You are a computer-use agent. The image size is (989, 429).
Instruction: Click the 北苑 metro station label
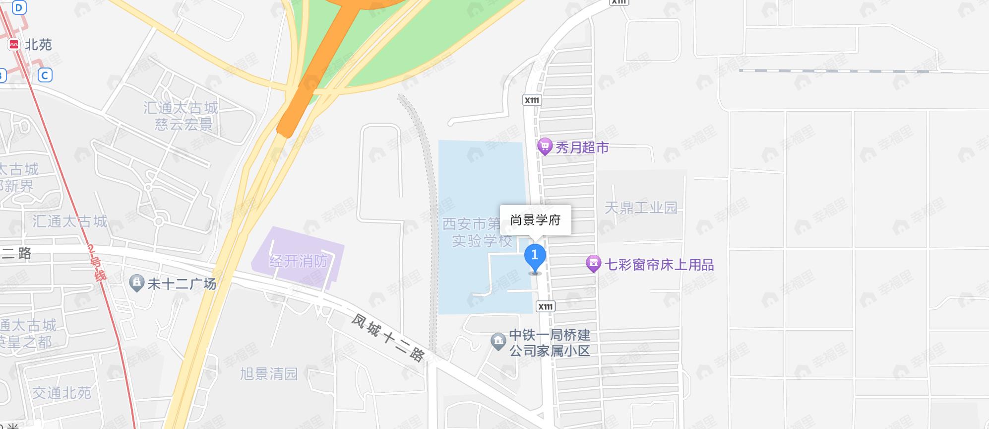click(x=38, y=45)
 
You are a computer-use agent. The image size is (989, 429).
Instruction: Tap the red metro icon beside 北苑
click(x=14, y=45)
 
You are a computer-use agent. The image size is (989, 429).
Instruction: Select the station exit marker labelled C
click(x=45, y=75)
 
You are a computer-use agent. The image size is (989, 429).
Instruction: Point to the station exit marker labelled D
click(x=19, y=7)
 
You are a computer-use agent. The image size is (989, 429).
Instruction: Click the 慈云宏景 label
click(x=184, y=124)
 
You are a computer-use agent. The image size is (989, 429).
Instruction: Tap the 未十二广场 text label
click(x=182, y=284)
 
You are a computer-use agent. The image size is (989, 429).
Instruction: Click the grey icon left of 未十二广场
click(x=136, y=284)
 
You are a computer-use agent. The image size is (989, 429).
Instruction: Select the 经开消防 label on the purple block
click(x=299, y=261)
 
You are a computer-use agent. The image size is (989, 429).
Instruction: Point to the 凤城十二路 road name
click(x=388, y=338)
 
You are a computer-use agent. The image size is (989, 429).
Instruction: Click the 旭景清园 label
click(x=269, y=373)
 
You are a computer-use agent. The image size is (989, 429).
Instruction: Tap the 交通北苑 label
click(x=62, y=393)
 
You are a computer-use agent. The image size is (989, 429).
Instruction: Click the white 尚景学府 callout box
click(x=535, y=220)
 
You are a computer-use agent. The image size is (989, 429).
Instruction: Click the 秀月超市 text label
click(x=582, y=147)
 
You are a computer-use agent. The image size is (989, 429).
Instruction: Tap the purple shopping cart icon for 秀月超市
click(x=545, y=146)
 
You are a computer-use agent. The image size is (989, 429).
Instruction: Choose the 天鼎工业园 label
click(x=641, y=207)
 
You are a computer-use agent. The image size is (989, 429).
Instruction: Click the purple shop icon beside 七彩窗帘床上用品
click(x=593, y=264)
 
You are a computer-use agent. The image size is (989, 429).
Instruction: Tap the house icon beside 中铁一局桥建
click(x=498, y=342)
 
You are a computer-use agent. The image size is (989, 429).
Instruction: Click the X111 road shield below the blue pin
click(x=546, y=306)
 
